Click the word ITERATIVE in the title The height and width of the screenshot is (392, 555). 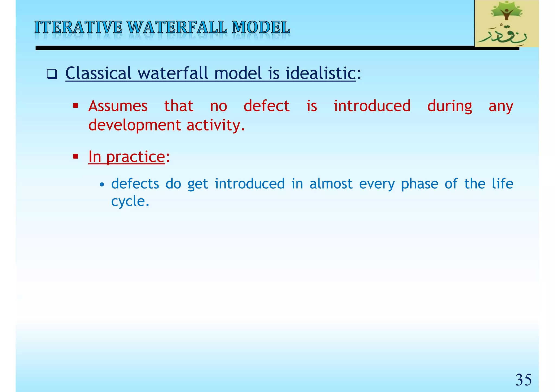coord(78,28)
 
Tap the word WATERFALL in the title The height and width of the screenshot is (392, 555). coord(177,28)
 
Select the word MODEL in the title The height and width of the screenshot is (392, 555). coord(261,28)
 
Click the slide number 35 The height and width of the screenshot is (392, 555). coord(523,380)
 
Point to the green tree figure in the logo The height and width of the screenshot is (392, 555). coord(506,12)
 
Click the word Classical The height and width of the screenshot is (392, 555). coord(98,73)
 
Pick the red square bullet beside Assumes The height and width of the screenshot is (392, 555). coord(76,105)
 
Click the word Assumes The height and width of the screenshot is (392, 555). coord(118,106)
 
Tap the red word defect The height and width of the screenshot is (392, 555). coord(266,106)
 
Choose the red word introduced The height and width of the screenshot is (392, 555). coord(372,106)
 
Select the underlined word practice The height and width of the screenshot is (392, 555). coord(135,157)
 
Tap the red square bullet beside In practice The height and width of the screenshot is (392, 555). coord(76,156)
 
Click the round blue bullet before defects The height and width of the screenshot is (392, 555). coord(102,185)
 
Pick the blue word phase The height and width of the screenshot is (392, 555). coord(420,184)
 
